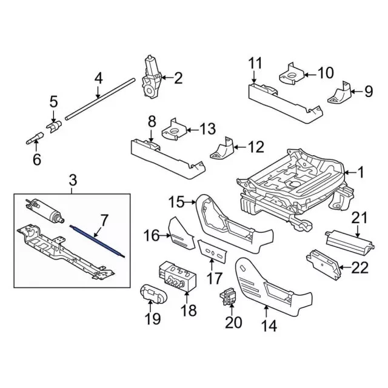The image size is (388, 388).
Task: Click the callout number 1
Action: click(x=361, y=173)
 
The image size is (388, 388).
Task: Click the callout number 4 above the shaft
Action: click(x=98, y=78)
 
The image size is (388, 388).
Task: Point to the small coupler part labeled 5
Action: click(x=55, y=126)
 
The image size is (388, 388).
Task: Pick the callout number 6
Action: click(x=36, y=160)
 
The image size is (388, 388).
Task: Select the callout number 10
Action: click(x=326, y=73)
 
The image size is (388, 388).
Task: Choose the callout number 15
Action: click(x=176, y=201)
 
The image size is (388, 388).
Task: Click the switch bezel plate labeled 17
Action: click(x=212, y=250)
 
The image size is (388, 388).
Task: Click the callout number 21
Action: click(x=360, y=218)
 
